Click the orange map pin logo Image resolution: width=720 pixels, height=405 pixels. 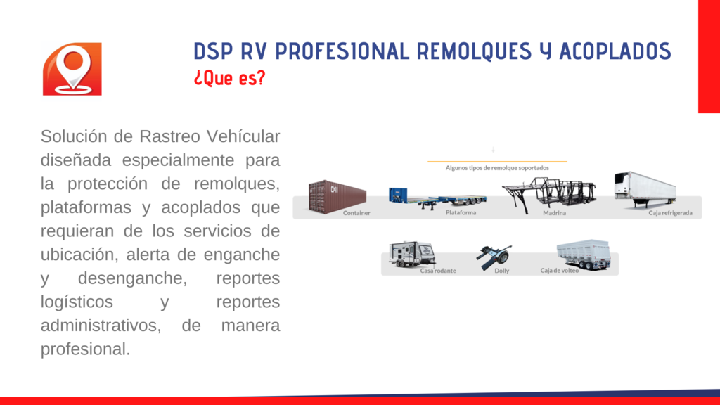[72, 69]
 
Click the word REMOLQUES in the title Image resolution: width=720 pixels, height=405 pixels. [474, 51]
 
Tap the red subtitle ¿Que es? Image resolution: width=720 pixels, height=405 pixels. [230, 78]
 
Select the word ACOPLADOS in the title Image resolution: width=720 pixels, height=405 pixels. [615, 51]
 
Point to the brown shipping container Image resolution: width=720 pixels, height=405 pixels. [337, 197]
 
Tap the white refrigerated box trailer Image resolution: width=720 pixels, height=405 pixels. [645, 189]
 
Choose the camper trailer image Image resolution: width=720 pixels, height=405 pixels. [411, 254]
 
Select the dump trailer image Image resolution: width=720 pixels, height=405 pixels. [584, 254]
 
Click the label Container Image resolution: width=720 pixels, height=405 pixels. [356, 213]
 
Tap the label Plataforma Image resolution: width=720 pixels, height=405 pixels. [461, 212]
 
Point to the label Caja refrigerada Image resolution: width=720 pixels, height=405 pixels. [670, 213]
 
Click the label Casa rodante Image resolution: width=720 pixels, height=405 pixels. [438, 271]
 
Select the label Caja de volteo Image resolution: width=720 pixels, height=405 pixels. [559, 271]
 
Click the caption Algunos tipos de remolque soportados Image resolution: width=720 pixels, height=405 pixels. [497, 168]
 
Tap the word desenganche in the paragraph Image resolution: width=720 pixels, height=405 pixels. [132, 278]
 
